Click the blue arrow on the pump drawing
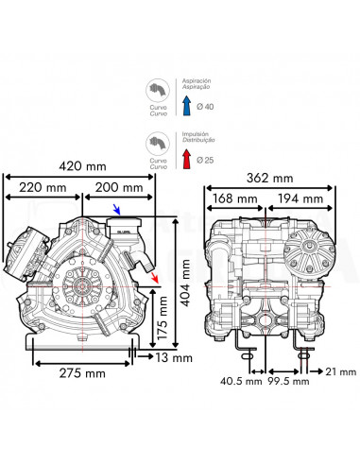(116, 210)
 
